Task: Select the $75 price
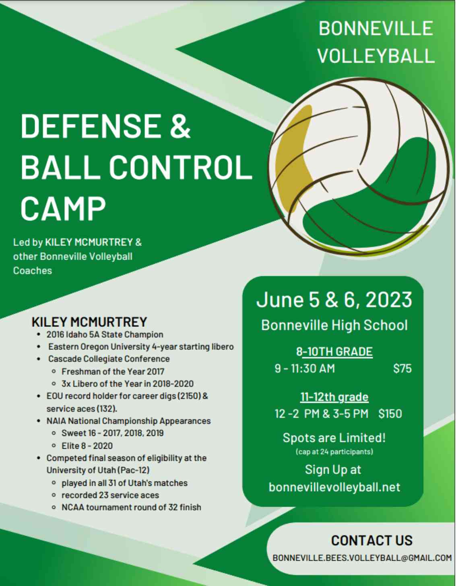402,368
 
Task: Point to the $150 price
390,414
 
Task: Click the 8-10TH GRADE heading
334,352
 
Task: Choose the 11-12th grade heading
334,397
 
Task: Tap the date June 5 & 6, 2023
334,299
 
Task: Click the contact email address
362,558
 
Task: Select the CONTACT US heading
372,541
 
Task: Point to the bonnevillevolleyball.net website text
334,487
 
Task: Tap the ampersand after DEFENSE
180,126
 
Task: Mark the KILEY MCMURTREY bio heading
89,322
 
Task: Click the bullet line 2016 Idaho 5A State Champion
105,334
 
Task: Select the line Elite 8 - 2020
87,446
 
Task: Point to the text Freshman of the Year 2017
113,371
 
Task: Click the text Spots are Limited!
334,437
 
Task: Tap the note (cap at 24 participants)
334,452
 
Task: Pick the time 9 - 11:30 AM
305,368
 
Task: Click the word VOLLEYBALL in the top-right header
376,56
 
